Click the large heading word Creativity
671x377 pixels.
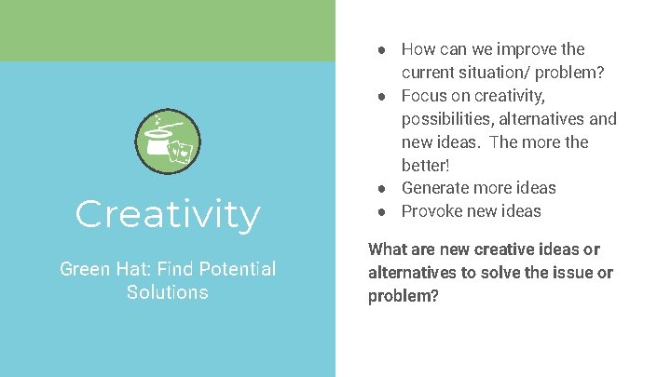pos(168,215)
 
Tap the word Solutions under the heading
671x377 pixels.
pos(168,292)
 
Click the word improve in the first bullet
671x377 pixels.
pos(525,49)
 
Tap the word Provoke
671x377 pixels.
pos(430,211)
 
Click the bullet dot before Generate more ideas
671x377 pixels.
pos(383,188)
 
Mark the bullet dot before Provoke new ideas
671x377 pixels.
pos(383,211)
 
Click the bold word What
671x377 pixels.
pos(387,249)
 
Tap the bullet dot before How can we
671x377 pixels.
pos(383,49)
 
